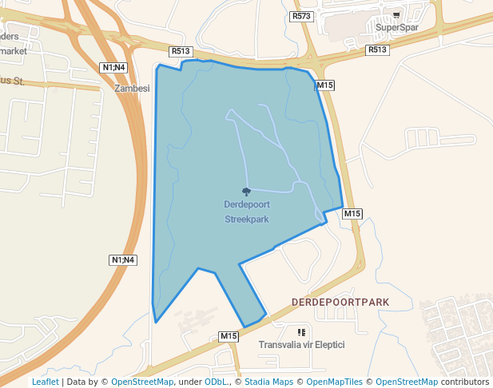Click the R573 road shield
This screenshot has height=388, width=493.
[x=301, y=16]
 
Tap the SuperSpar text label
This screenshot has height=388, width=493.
[x=397, y=27]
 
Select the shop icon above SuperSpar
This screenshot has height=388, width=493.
[x=397, y=15]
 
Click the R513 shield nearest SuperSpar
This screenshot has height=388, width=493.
[x=377, y=49]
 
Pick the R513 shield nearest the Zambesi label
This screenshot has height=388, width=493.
[x=180, y=51]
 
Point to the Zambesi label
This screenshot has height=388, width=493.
[x=133, y=89]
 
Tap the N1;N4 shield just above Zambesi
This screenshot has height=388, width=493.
[x=114, y=67]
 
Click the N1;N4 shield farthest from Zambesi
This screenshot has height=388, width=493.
[x=123, y=259]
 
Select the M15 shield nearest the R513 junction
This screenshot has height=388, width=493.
[x=324, y=85]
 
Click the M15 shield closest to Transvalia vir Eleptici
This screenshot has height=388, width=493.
[x=229, y=336]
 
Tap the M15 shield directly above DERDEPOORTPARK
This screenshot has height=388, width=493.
[x=353, y=213]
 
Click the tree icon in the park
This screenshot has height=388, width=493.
[x=246, y=192]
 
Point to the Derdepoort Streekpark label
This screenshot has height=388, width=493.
[x=246, y=211]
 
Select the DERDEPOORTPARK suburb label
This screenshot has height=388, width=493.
[x=340, y=302]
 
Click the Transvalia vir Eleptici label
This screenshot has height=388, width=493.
[x=301, y=345]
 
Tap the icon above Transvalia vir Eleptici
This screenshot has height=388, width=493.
[x=301, y=332]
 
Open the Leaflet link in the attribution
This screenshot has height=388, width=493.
[x=45, y=382]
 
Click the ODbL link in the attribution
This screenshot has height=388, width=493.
[x=216, y=382]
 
